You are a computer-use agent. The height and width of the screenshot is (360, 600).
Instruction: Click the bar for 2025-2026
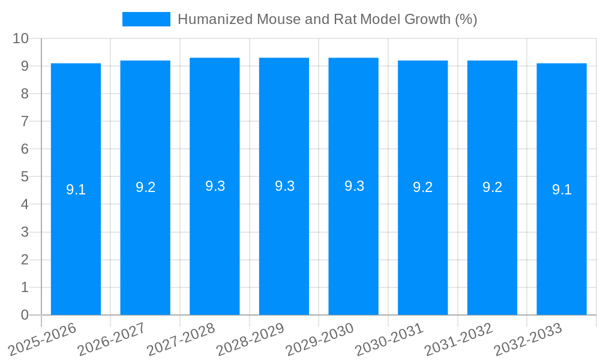point(76,240)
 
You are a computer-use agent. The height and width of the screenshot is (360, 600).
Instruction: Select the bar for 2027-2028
point(215,240)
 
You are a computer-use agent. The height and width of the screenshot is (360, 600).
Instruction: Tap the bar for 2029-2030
point(353,240)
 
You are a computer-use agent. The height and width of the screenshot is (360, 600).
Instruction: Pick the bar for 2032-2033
point(562,240)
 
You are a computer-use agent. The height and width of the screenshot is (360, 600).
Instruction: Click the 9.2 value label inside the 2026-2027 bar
point(145,187)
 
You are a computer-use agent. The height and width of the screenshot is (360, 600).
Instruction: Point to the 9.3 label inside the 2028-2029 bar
point(284,186)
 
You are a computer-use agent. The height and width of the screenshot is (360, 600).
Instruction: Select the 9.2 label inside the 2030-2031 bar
point(423,187)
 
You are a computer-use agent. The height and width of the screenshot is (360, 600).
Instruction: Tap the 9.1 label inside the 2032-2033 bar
point(562,190)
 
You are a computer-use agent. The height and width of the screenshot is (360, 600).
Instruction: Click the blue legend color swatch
point(146,19)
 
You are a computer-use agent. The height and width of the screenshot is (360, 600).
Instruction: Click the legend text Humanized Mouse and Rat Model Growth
point(327,19)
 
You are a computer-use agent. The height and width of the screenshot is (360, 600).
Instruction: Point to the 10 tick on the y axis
point(21,38)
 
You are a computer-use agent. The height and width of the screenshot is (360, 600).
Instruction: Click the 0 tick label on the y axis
point(25,315)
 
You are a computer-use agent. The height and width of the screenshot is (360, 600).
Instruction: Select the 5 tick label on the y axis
point(25,177)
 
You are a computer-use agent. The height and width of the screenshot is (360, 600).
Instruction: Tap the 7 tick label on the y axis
point(25,121)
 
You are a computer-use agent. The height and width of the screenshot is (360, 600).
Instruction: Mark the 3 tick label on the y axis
point(25,232)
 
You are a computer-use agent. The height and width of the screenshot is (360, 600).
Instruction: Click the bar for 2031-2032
point(492,240)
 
